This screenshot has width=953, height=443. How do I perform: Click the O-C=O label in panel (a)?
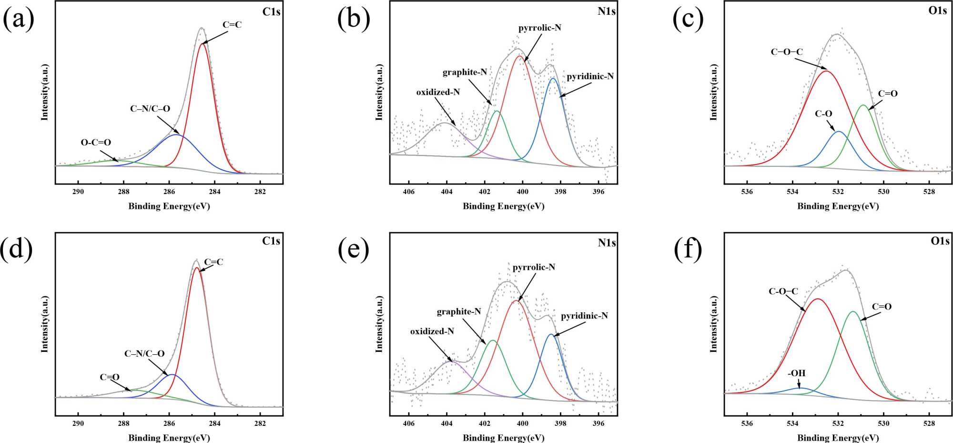pos(96,142)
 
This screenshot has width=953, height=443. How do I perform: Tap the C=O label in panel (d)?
pos(110,377)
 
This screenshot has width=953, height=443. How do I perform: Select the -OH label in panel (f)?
pos(797,373)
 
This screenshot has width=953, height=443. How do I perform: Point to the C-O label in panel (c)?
pos(823,114)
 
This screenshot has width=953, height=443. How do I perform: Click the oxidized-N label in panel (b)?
pos(438,92)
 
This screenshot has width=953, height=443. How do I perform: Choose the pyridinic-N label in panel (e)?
pos(584,316)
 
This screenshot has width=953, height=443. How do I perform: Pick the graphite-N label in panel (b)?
pos(465,72)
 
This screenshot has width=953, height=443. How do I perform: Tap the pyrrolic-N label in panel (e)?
pos(534,267)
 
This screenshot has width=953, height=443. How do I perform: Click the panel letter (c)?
pos(688,19)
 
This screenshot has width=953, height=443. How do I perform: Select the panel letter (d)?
pos(17,249)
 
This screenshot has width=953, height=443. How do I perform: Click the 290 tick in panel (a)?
pos(78,192)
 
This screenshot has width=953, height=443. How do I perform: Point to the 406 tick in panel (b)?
pos(409,192)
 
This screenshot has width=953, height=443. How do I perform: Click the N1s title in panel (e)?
pos(607,243)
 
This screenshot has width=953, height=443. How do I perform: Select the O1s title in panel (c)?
pos(938,10)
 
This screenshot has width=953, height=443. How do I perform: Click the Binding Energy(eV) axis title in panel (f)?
pos(838,437)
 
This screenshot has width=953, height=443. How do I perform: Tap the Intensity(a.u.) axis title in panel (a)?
pos(45,92)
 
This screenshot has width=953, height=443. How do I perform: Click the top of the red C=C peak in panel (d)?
pos(196,268)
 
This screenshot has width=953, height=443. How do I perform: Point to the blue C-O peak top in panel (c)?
pos(839,131)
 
